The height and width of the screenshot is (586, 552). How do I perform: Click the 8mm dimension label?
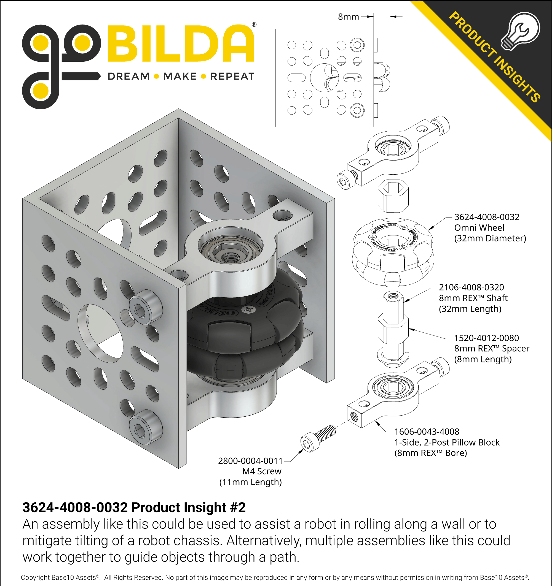(348, 17)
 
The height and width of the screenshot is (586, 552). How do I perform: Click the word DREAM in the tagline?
(129, 76)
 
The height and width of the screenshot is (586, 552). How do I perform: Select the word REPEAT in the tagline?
(232, 76)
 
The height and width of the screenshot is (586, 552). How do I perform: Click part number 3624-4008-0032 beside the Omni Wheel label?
(486, 217)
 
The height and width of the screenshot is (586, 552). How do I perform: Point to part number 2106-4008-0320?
(471, 287)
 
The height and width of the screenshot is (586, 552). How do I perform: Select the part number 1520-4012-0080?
(486, 338)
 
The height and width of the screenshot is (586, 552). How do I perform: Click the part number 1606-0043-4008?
(427, 432)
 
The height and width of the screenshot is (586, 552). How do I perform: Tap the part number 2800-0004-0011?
(250, 461)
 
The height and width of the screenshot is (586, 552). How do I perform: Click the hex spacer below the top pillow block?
(393, 196)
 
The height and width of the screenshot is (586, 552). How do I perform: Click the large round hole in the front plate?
(100, 333)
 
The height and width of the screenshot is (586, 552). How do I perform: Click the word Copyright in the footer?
(35, 577)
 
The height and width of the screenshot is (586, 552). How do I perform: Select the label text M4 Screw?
(262, 471)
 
